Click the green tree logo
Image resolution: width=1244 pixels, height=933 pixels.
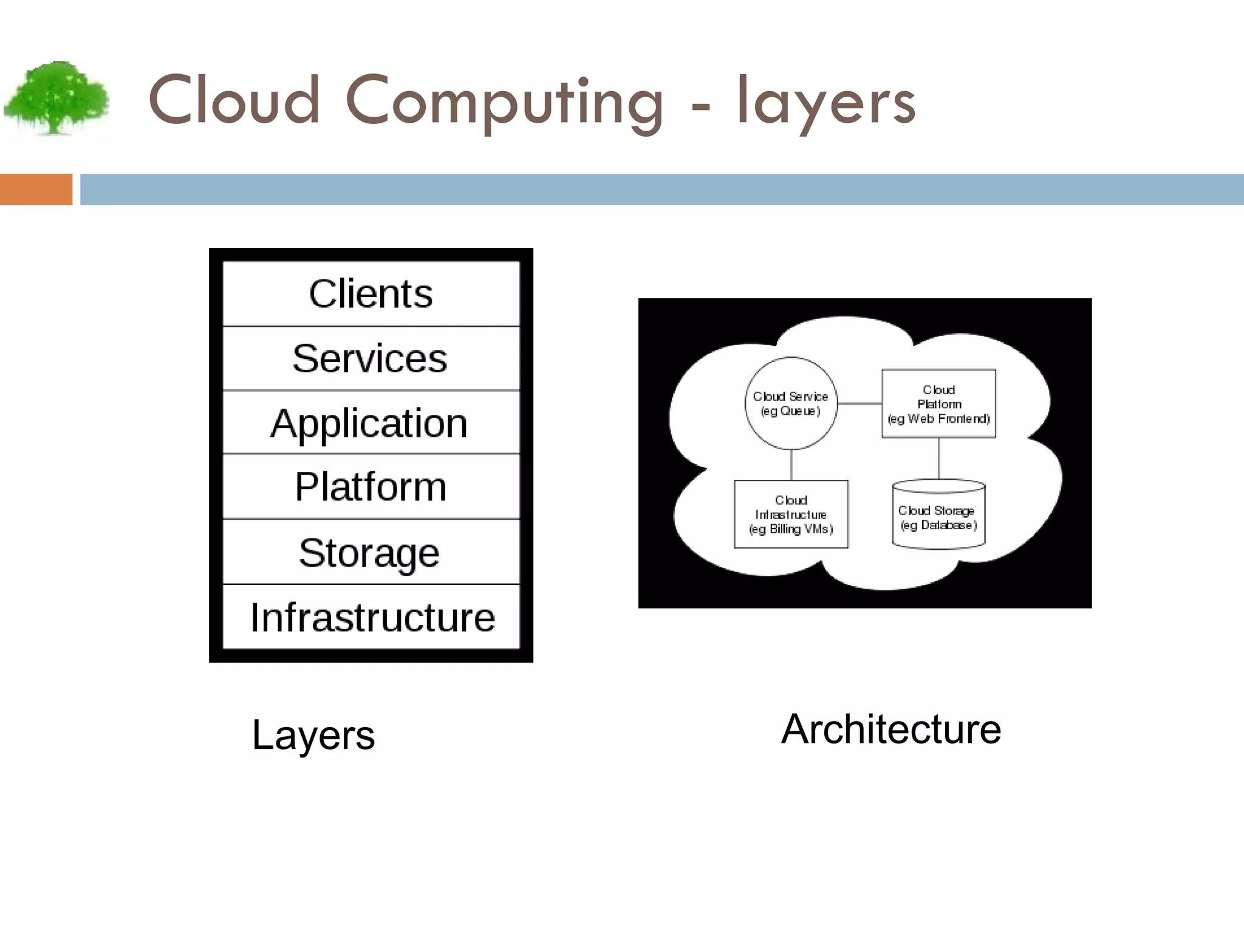[56, 97]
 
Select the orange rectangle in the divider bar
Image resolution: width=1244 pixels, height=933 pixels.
[36, 190]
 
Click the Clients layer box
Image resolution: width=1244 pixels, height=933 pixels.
[371, 294]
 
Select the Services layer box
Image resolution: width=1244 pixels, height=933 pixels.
[371, 358]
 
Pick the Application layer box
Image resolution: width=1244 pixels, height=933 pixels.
[371, 423]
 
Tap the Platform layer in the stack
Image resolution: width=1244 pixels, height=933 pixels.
[371, 487]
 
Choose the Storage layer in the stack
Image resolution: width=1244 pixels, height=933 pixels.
[371, 552]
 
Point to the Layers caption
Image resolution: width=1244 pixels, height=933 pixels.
[313, 735]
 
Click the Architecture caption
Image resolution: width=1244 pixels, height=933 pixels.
[890, 729]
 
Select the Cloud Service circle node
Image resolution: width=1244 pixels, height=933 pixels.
[791, 403]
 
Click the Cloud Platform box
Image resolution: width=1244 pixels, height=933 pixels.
[938, 403]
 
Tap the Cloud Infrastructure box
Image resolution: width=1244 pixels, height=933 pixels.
[791, 514]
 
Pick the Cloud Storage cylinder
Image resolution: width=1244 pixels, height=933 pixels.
[938, 516]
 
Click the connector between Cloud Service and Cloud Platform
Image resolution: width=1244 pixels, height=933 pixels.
[860, 403]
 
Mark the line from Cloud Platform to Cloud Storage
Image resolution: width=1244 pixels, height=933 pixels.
[939, 459]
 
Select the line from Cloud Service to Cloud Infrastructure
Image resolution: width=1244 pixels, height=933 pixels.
[791, 465]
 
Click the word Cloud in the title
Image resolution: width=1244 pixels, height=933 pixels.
[234, 100]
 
